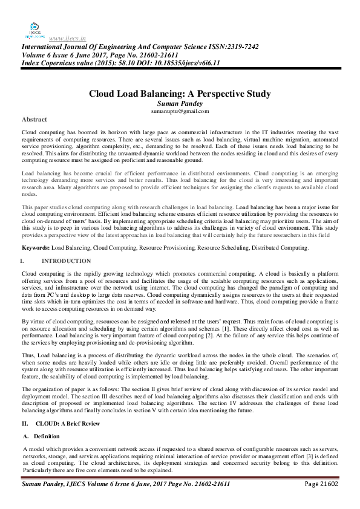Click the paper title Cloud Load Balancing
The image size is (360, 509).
[x=180, y=94]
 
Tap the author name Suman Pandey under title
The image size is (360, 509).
[x=180, y=103]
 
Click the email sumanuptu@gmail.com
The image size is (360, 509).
[x=180, y=111]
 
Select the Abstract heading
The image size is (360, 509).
[x=34, y=119]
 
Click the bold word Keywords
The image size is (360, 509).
[x=36, y=248]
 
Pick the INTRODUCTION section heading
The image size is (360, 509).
[x=67, y=261]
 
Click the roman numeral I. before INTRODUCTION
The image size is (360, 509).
[x=23, y=261]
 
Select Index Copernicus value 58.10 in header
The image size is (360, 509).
[x=88, y=63]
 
